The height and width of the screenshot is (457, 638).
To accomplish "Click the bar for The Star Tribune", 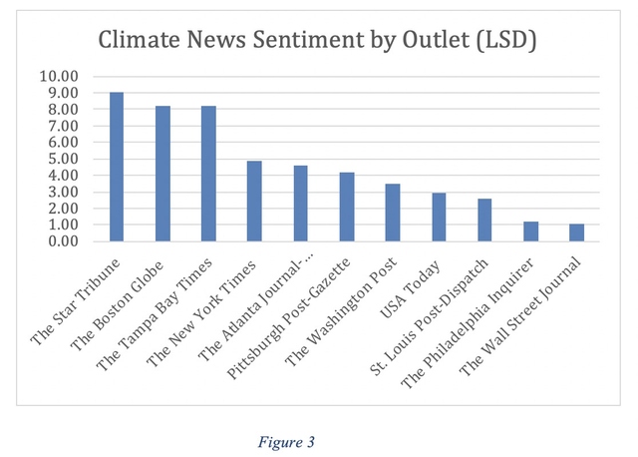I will click(117, 167).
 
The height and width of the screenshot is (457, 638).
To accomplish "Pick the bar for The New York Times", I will click(254, 201).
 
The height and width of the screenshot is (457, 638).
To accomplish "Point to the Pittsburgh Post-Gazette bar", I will click(346, 207).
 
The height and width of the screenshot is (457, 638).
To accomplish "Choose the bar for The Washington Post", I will click(392, 213).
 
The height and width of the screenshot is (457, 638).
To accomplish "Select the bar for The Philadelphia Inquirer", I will click(530, 231).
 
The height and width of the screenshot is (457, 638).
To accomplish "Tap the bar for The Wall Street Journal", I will click(576, 232).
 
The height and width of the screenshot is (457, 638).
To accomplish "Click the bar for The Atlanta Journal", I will click(300, 204).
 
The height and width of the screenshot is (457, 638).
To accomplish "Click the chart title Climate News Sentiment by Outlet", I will click(318, 41).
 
